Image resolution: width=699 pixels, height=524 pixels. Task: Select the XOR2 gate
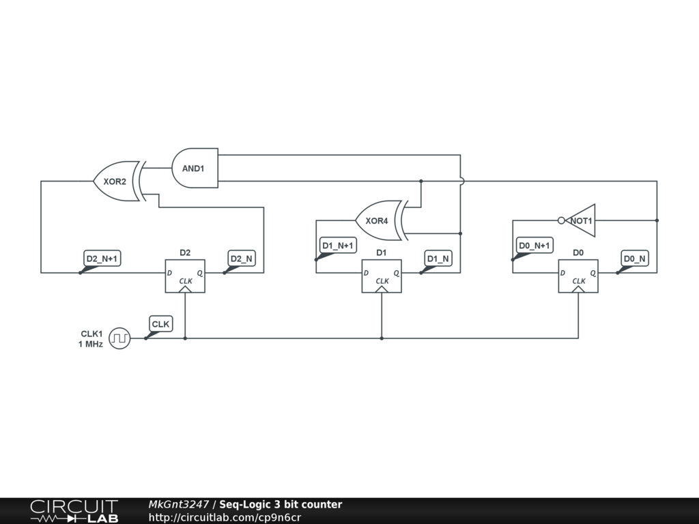[116, 181]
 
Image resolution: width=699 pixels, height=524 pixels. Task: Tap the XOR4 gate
[378, 220]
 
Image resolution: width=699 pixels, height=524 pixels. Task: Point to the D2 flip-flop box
[185, 276]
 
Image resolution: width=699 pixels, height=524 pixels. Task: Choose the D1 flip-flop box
[382, 276]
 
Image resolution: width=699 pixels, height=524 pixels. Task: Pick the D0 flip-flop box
[578, 276]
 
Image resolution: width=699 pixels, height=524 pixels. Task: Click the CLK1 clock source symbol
[119, 338]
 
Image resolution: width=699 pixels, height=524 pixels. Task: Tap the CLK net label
[161, 324]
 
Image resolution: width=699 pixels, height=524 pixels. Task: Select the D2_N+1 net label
[102, 259]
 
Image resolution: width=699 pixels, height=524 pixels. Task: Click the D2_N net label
[242, 259]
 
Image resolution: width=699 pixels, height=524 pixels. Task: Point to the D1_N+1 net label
[338, 246]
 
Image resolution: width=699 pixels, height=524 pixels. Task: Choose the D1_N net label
[438, 259]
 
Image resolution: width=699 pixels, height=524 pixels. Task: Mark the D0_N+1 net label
[534, 246]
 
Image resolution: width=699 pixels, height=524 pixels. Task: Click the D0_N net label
[635, 259]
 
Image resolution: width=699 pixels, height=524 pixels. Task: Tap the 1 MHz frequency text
[90, 345]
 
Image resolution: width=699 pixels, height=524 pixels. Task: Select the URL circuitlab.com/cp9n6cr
[225, 518]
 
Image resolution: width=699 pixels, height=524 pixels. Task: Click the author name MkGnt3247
[179, 505]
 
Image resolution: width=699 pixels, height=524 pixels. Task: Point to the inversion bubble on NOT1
[561, 220]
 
